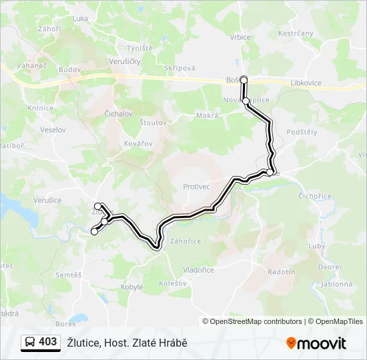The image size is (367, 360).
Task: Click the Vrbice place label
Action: pos(240,37)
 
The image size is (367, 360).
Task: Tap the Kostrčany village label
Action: pos(296,33)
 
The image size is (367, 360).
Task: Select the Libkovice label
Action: pos(306,83)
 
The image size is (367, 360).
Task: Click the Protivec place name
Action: pos(197,187)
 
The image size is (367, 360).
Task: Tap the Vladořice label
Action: pos(198,270)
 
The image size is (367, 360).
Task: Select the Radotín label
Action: pos(281,272)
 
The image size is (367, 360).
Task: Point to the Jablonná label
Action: pos(336,283)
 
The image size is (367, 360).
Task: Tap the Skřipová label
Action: pos(180,69)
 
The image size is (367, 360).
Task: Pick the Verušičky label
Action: pos(125,61)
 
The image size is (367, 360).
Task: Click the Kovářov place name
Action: pos(139,143)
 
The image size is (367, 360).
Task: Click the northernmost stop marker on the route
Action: pos(244,80)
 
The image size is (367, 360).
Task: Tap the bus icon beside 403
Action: pos(30,342)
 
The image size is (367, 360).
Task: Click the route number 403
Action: pos(48,342)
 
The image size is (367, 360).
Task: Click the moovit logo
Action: pos(316,343)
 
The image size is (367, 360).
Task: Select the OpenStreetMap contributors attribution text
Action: pos(256,321)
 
